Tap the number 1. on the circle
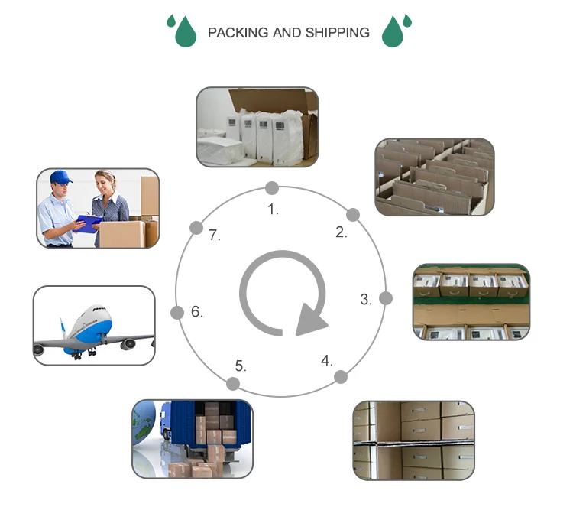(273, 209)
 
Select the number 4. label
(327, 359)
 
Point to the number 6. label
(196, 311)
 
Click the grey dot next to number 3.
(386, 297)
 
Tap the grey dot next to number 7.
(196, 227)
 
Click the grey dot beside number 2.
(353, 215)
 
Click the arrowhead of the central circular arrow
(309, 320)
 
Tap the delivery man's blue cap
(60, 177)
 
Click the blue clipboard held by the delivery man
(89, 223)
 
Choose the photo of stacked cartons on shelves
(413, 440)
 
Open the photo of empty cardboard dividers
(434, 177)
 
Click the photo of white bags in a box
(257, 126)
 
